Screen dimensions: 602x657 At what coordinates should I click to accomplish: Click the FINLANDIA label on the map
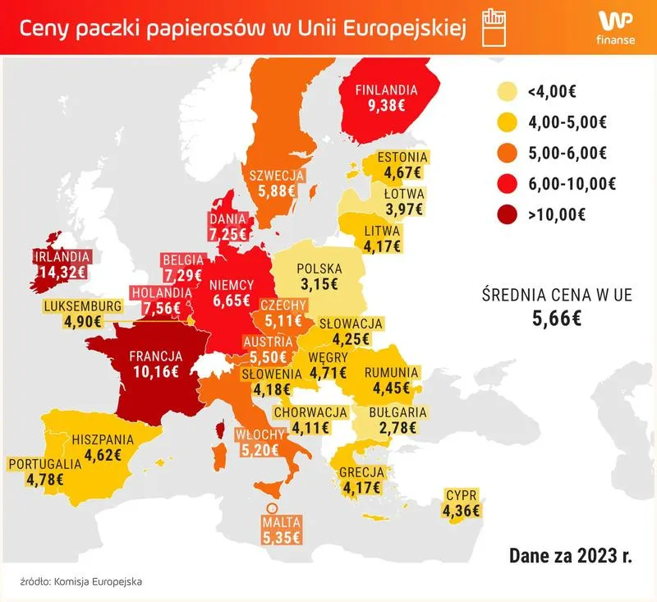[x=386, y=90]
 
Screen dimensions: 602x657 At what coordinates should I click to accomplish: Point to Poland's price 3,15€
[x=319, y=285]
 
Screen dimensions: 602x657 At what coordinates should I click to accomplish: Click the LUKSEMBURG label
[x=82, y=306]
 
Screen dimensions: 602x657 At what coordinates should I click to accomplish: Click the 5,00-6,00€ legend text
[x=567, y=154]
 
